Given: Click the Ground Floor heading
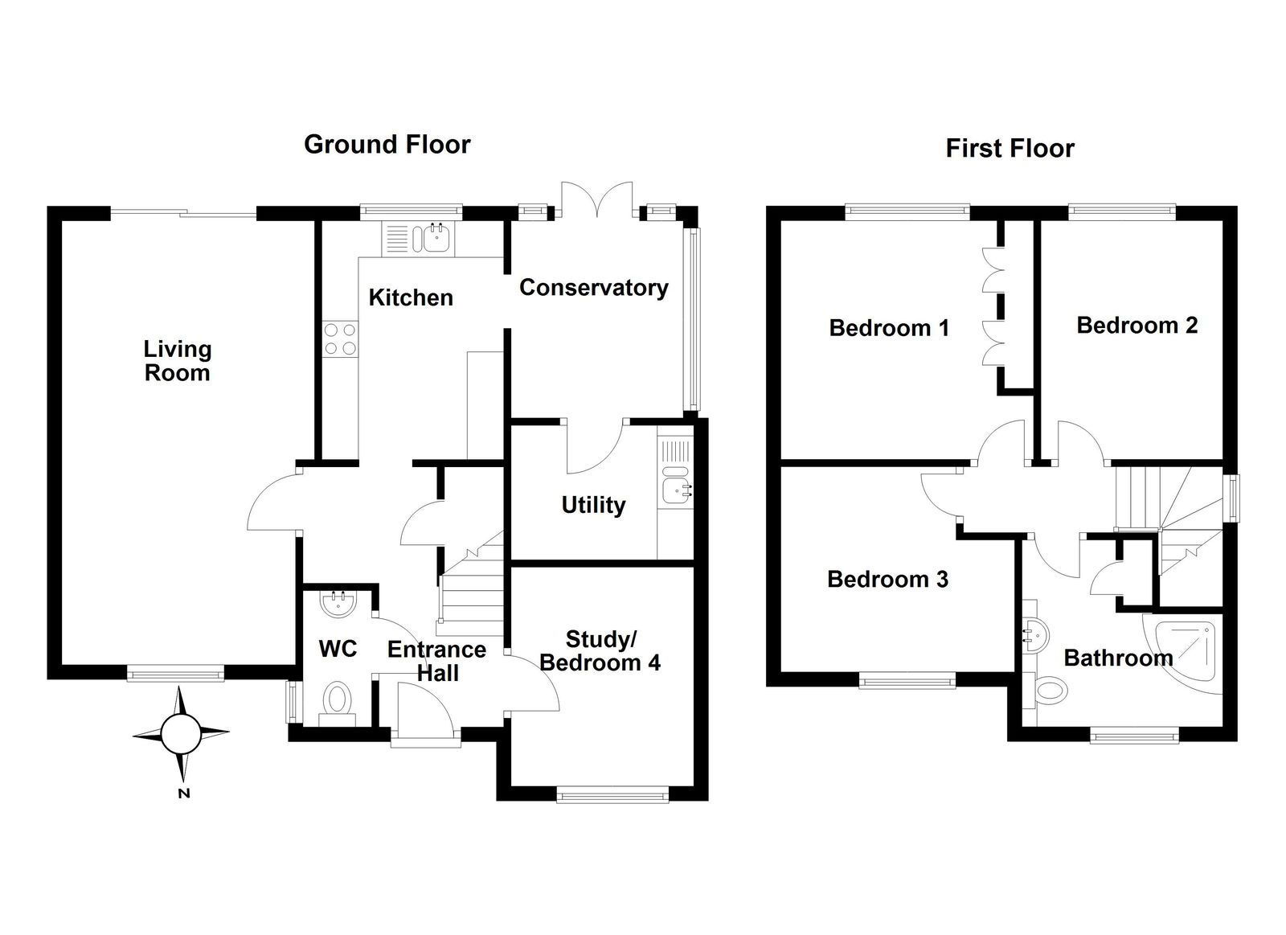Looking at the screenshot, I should click(387, 145).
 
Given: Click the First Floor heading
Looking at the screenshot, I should click(1010, 149).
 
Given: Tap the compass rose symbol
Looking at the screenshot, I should click(181, 732).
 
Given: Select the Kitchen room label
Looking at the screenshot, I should click(411, 298).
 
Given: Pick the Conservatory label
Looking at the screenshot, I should click(593, 288).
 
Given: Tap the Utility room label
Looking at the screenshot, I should click(593, 505).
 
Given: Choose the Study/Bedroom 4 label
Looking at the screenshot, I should click(600, 651).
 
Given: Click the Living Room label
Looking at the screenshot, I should click(178, 361).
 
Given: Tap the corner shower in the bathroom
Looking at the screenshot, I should click(1185, 653).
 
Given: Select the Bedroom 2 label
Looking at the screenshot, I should click(1137, 326).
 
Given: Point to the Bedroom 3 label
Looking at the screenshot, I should click(887, 580).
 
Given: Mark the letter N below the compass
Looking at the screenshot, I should click(184, 794).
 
